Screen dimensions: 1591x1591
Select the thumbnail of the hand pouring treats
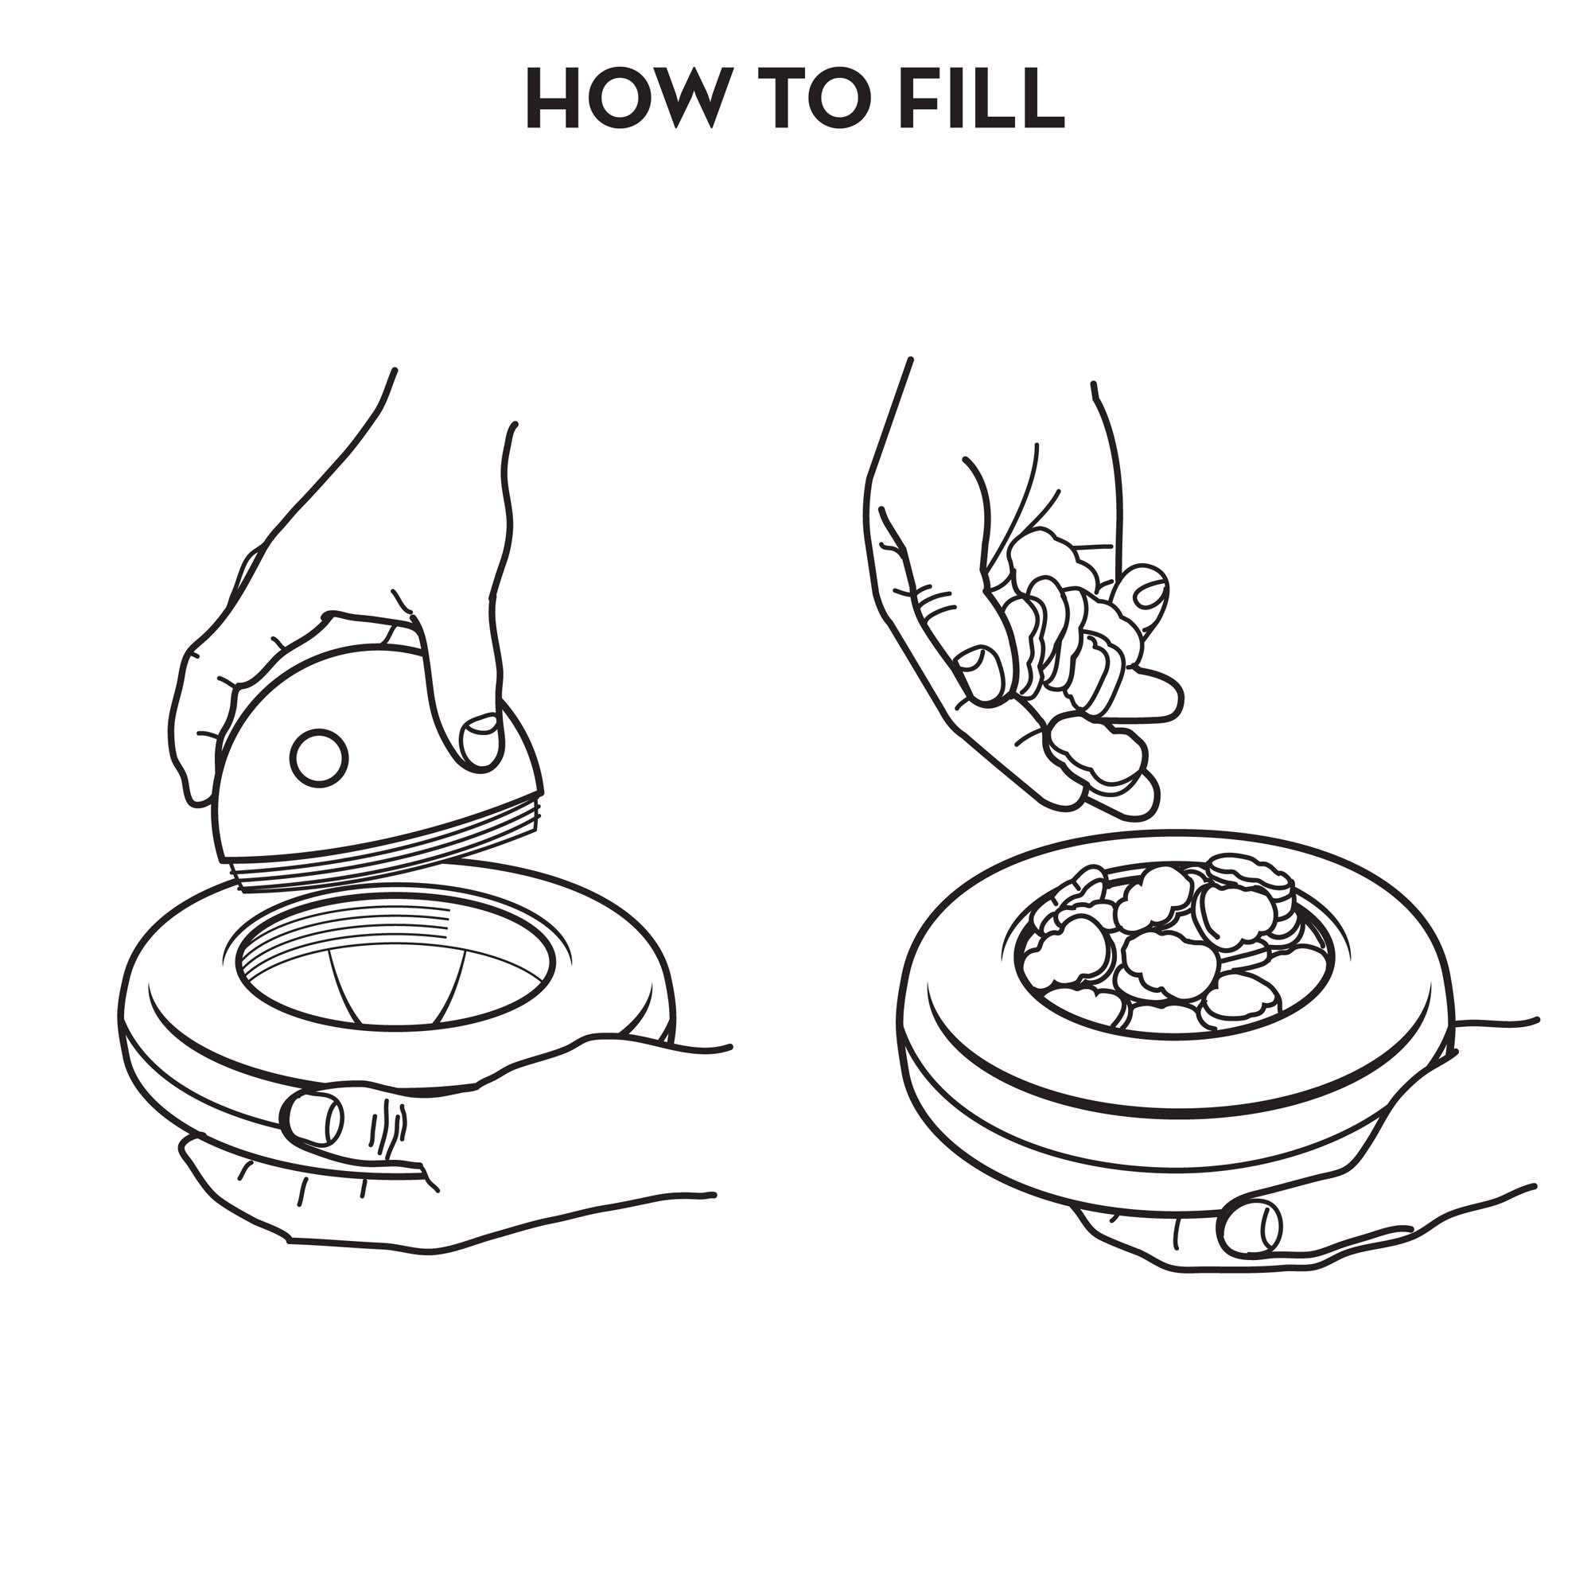click(979, 673)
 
